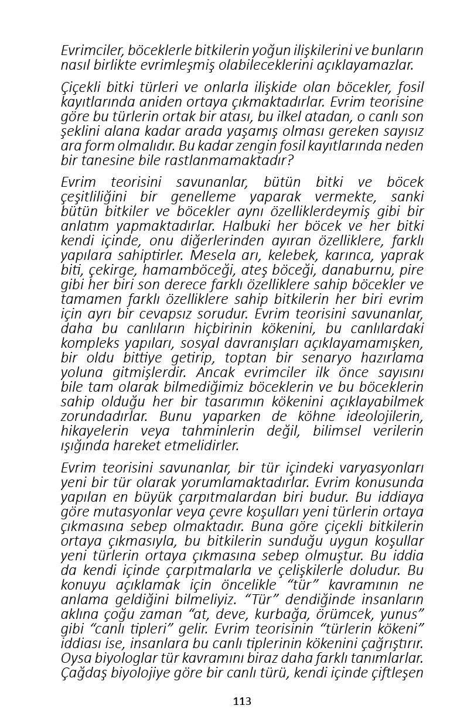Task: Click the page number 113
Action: click(242, 701)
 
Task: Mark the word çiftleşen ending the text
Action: click(396, 673)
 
